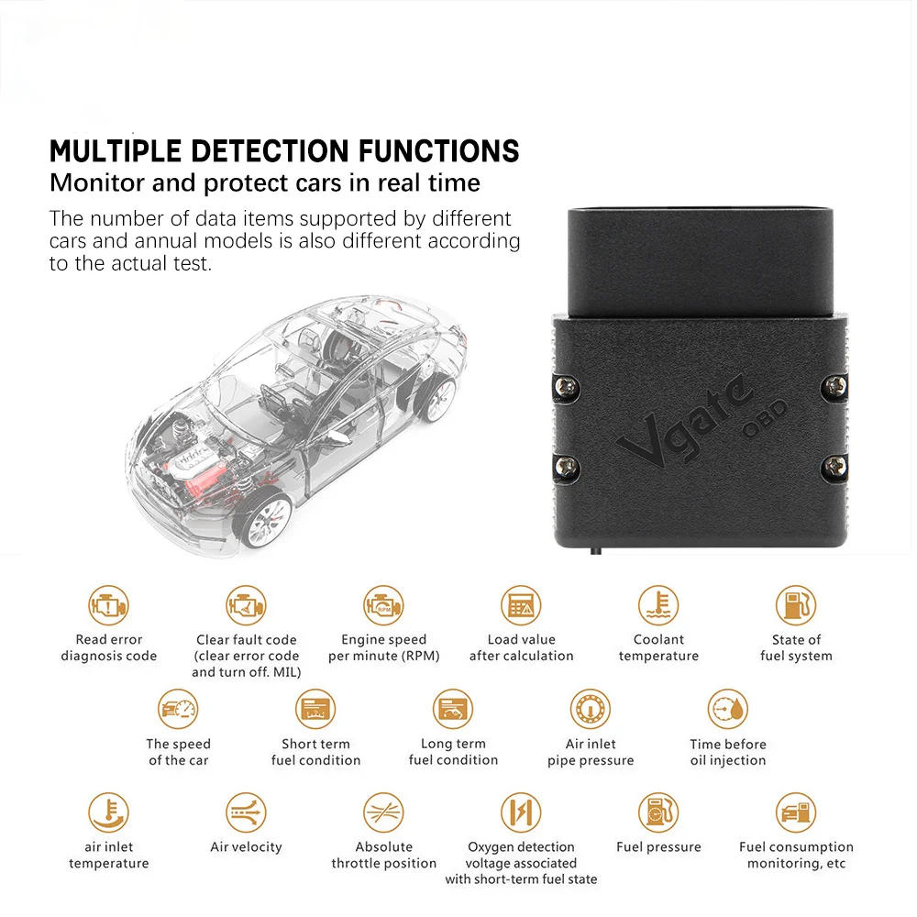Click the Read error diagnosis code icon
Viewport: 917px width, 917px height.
pyautogui.click(x=109, y=605)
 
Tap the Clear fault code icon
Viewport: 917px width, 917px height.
pyautogui.click(x=246, y=605)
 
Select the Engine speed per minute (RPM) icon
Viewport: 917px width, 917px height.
pyautogui.click(x=383, y=605)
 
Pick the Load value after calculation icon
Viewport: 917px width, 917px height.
pyautogui.click(x=521, y=605)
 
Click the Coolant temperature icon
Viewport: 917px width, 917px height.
pyautogui.click(x=658, y=605)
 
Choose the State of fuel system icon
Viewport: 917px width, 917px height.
pyautogui.click(x=796, y=605)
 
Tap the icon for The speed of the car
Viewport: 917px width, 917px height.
pyautogui.click(x=178, y=710)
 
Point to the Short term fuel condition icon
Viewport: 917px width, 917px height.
pyautogui.click(x=315, y=710)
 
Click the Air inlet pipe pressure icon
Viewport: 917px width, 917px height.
pyautogui.click(x=591, y=710)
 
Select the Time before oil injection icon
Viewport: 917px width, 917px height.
pyautogui.click(x=728, y=710)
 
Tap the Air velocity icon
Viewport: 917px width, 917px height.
pyautogui.click(x=246, y=812)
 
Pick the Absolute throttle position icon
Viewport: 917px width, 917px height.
pyautogui.click(x=383, y=812)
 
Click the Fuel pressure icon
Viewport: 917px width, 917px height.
pyautogui.click(x=658, y=812)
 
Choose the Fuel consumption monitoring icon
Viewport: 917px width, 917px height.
pyautogui.click(x=796, y=812)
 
